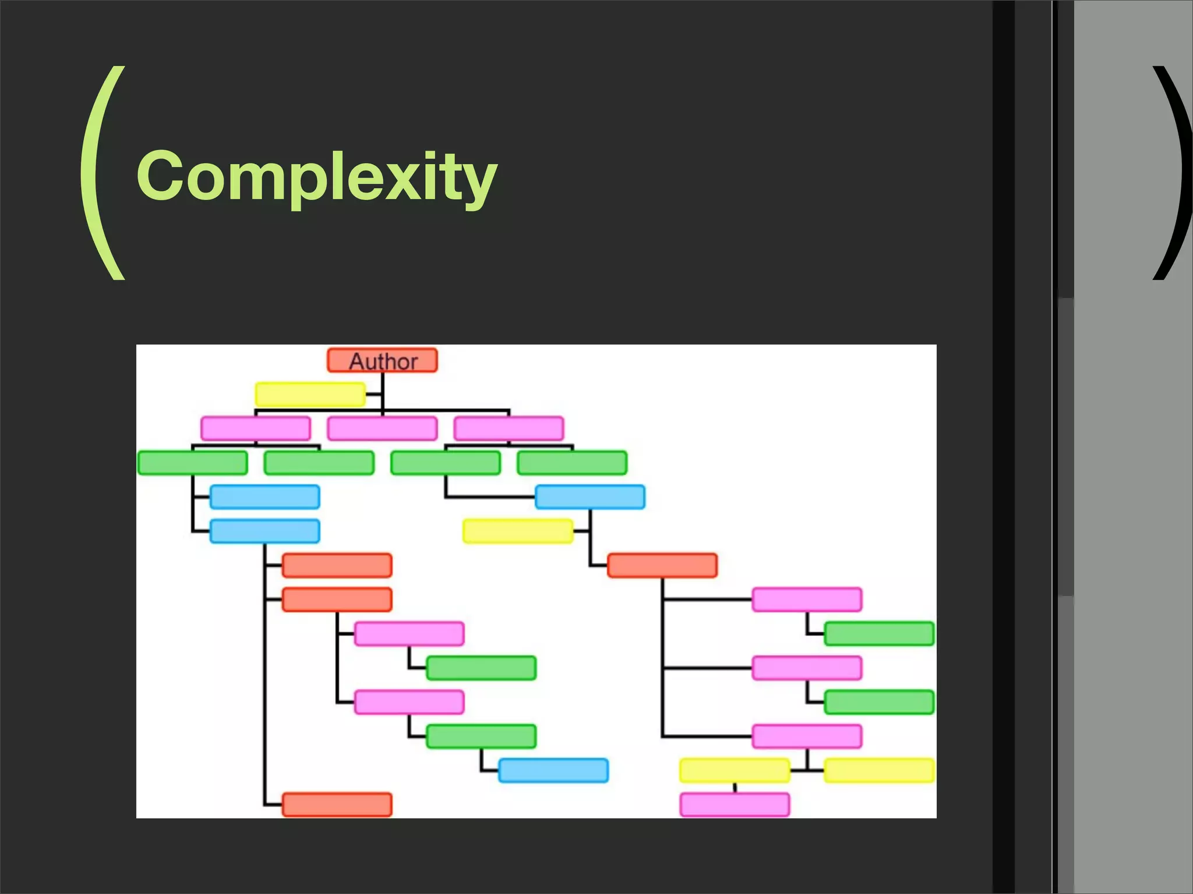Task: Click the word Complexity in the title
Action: pyautogui.click(x=317, y=176)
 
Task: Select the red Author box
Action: pyautogui.click(x=382, y=361)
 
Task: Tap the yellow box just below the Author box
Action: pyautogui.click(x=310, y=395)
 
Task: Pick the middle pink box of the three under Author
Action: pyautogui.click(x=382, y=429)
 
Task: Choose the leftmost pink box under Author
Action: pyautogui.click(x=256, y=429)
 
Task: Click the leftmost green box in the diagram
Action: pyautogui.click(x=192, y=463)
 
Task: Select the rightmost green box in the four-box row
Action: pyautogui.click(x=572, y=463)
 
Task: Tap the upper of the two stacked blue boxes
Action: pyautogui.click(x=264, y=497)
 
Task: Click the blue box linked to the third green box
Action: pyautogui.click(x=590, y=497)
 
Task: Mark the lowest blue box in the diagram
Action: pyautogui.click(x=553, y=771)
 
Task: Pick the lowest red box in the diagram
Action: pyautogui.click(x=337, y=805)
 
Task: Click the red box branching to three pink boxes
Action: pyautogui.click(x=662, y=566)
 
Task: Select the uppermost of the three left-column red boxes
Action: pyautogui.click(x=337, y=566)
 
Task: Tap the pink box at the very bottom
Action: pyautogui.click(x=735, y=805)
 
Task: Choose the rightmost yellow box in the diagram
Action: pyautogui.click(x=879, y=771)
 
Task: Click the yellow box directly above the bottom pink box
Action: pyautogui.click(x=735, y=771)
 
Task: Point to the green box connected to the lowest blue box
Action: pyautogui.click(x=481, y=736)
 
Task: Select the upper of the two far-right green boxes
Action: pyautogui.click(x=879, y=634)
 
